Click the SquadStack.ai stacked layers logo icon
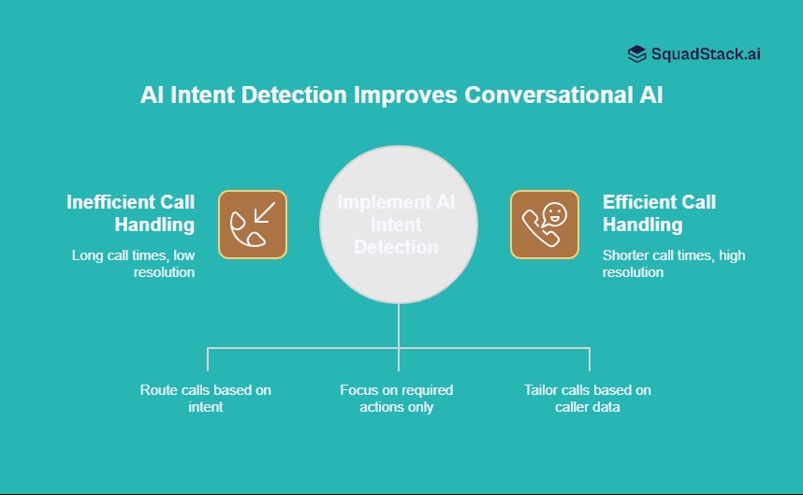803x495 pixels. tap(637, 54)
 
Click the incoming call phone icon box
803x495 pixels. tap(253, 225)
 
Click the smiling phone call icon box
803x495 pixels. tap(545, 225)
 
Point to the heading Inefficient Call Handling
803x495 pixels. tap(131, 213)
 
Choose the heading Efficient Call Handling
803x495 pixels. tap(659, 213)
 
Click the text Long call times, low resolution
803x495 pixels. tap(133, 263)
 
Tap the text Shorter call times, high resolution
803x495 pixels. tap(674, 263)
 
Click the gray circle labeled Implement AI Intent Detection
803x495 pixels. tap(399, 225)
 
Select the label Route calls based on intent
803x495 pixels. tap(206, 399)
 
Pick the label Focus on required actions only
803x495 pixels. tap(397, 399)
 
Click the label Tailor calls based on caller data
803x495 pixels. tap(588, 399)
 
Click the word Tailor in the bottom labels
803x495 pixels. tap(542, 390)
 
